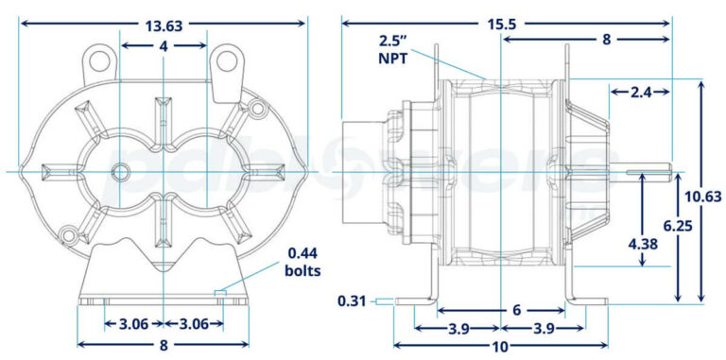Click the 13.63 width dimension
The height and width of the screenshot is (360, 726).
(164, 26)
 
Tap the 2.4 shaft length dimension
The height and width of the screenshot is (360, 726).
(641, 92)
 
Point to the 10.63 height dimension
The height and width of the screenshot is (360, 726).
(703, 197)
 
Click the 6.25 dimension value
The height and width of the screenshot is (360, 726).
(678, 225)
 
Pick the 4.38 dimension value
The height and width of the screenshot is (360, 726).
(642, 244)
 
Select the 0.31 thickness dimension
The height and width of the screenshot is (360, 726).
(352, 301)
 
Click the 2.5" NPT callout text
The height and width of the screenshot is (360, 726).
(393, 49)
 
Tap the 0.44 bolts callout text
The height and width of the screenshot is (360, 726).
(302, 262)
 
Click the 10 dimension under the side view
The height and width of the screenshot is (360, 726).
(500, 346)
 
